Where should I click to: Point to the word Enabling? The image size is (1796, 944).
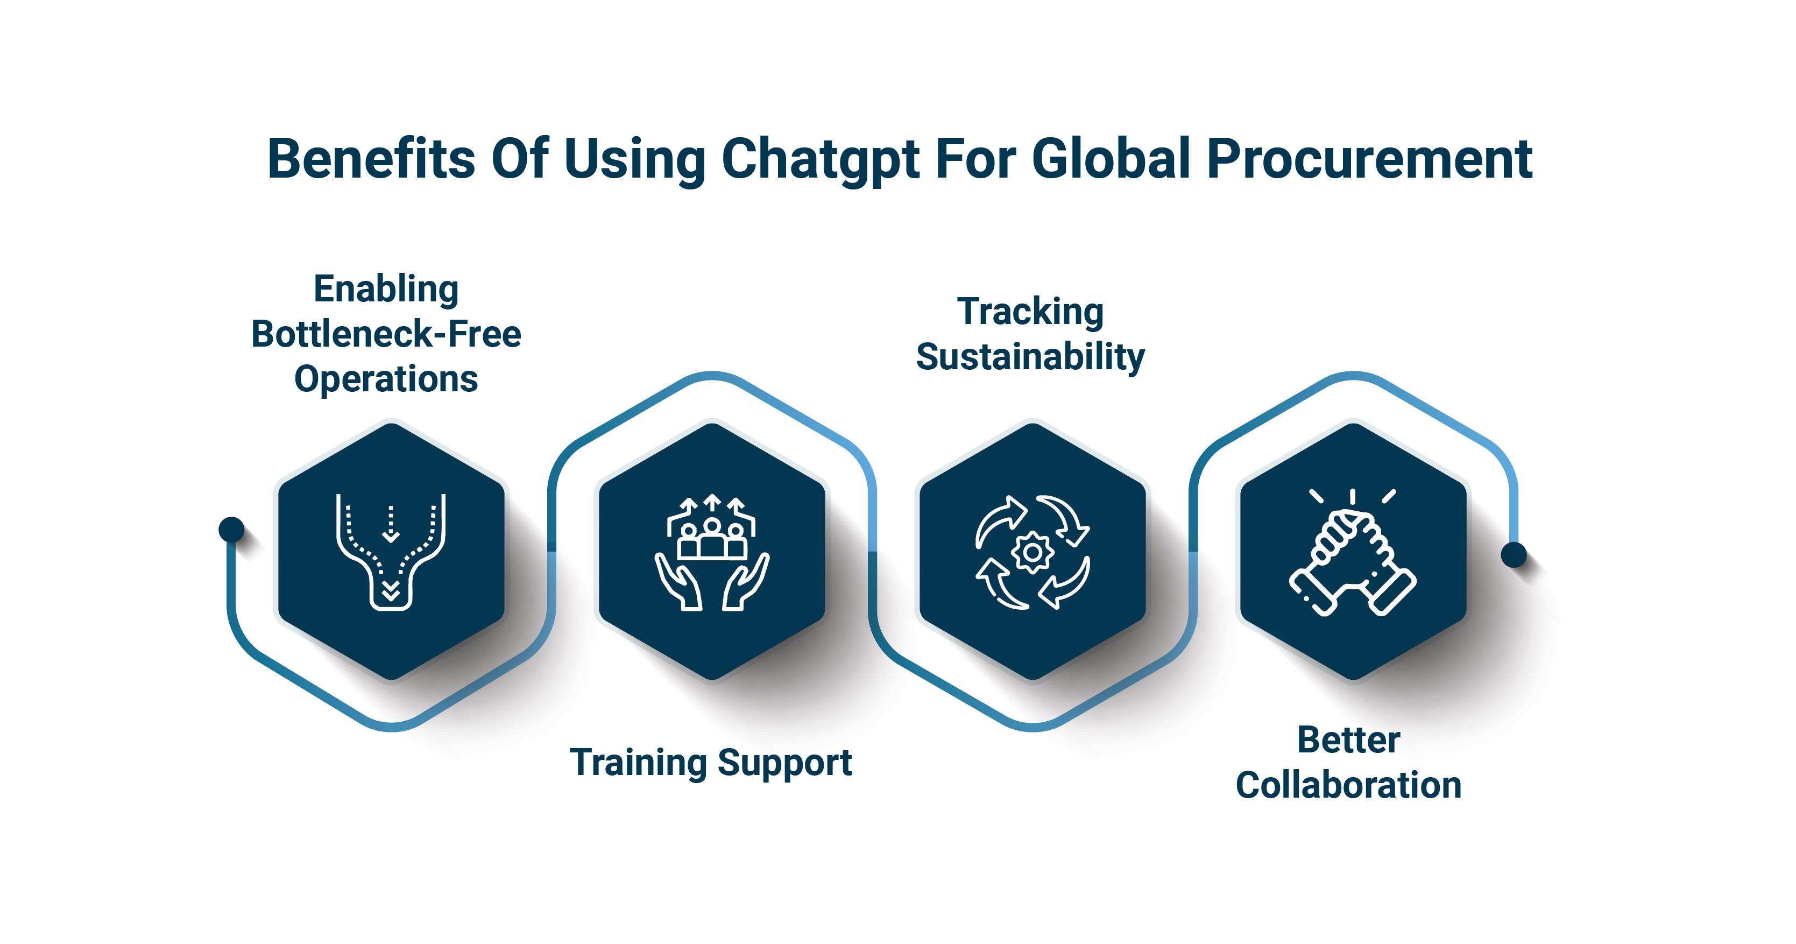click(x=386, y=290)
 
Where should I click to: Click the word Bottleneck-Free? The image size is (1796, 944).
click(x=386, y=334)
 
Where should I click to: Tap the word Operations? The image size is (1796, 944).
click(x=386, y=380)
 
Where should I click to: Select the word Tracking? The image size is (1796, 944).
click(x=1030, y=312)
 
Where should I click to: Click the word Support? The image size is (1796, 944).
click(x=784, y=763)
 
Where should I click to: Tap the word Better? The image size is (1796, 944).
click(x=1348, y=739)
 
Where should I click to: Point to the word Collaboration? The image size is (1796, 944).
click(x=1348, y=785)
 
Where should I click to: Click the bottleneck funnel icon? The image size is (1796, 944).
click(x=391, y=552)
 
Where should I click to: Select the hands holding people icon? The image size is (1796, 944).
click(x=712, y=553)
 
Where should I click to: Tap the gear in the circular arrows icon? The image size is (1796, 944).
click(x=1033, y=553)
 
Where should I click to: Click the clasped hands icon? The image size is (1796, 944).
click(x=1353, y=553)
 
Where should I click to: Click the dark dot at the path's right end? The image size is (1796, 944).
click(x=1514, y=555)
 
